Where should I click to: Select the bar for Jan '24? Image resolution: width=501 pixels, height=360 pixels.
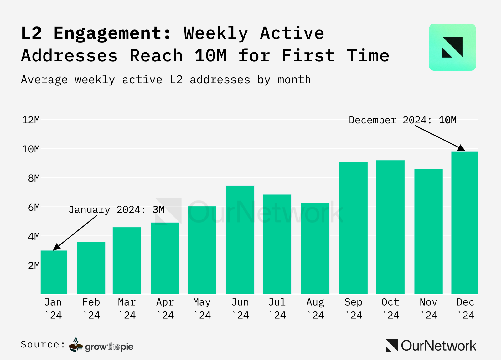(x=54, y=272)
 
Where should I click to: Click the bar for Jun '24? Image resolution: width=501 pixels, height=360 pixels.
(x=240, y=239)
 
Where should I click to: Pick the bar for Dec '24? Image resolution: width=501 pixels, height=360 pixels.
(x=464, y=223)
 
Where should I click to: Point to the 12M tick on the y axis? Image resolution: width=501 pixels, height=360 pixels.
(x=31, y=120)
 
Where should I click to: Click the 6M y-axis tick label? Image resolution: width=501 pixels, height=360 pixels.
(x=34, y=207)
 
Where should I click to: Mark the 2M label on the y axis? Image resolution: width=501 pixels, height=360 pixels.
(x=34, y=265)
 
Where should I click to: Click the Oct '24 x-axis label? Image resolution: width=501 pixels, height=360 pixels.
(x=390, y=308)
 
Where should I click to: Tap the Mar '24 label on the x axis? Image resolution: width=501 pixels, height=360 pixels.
(x=127, y=308)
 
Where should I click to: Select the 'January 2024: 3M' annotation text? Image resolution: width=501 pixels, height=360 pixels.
(x=116, y=209)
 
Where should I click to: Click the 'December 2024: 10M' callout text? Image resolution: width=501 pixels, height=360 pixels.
(x=403, y=120)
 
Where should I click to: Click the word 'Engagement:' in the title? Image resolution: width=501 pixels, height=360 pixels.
(x=112, y=33)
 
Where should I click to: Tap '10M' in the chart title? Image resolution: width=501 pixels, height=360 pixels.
(x=210, y=56)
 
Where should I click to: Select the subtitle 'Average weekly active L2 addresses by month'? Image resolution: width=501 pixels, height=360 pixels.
(x=166, y=80)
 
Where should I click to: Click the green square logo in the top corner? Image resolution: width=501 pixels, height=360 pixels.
(x=452, y=47)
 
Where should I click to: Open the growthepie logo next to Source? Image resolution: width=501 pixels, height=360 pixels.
(x=101, y=345)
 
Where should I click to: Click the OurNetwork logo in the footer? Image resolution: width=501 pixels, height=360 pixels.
(x=431, y=346)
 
